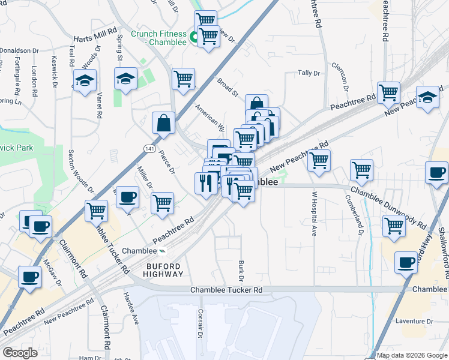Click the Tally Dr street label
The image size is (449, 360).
(x=309, y=73)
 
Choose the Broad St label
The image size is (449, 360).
(x=228, y=87)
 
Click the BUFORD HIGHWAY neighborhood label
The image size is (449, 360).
(x=163, y=269)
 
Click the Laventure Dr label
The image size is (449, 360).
(x=414, y=322)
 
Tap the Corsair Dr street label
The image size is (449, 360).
(x=201, y=323)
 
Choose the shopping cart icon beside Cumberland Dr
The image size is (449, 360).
(x=361, y=170)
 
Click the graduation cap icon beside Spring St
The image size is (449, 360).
(x=125, y=79)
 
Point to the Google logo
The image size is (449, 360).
(x=20, y=353)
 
